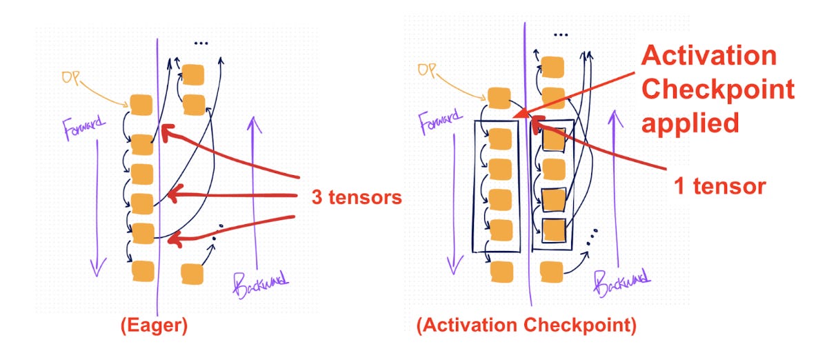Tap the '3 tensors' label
(x=357, y=198)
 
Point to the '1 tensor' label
(x=719, y=186)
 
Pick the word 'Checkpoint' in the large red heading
(x=718, y=90)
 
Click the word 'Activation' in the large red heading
(x=709, y=56)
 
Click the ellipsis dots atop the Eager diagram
(x=201, y=43)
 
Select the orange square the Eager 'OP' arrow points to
(x=141, y=104)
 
